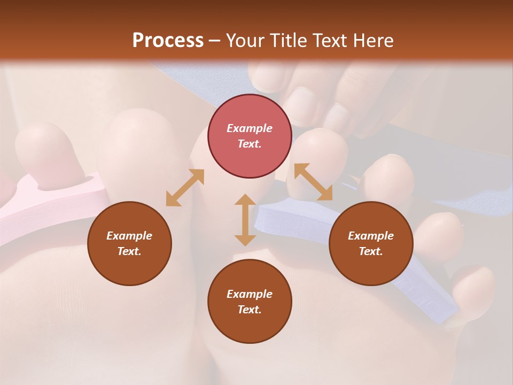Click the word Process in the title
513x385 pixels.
(168, 41)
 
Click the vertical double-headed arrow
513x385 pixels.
(245, 220)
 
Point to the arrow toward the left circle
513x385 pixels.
(185, 188)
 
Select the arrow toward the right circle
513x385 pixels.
(313, 182)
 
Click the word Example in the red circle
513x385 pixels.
(250, 128)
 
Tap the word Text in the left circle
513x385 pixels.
(129, 251)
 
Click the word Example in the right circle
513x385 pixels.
(371, 236)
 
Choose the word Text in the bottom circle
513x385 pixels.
(250, 310)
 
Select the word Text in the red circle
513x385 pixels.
(250, 144)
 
